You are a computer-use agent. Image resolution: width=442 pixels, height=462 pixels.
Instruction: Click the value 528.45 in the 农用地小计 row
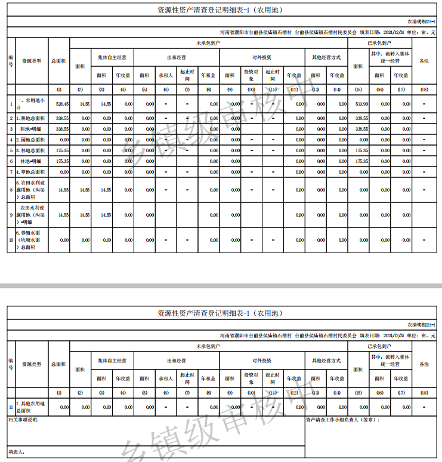point(62,104)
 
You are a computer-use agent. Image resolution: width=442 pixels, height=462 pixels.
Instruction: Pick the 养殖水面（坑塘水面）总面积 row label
point(31,240)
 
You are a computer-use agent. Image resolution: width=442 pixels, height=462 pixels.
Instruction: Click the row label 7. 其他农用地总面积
point(30,408)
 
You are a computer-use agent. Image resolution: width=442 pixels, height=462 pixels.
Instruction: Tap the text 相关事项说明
point(24,420)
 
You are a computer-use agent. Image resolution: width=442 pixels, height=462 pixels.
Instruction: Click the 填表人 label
point(16,452)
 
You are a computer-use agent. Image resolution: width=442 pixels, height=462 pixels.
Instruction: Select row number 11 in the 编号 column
point(11,407)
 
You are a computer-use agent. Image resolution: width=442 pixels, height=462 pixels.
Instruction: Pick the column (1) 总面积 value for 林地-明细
point(62,161)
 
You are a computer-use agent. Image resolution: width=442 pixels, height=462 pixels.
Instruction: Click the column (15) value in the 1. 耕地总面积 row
point(361,118)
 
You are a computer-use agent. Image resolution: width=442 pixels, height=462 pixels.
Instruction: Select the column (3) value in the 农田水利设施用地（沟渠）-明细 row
point(106,215)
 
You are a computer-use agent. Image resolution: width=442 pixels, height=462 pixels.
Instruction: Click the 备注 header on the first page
point(424,61)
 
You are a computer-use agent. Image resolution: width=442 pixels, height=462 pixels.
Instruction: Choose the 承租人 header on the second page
point(165,378)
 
